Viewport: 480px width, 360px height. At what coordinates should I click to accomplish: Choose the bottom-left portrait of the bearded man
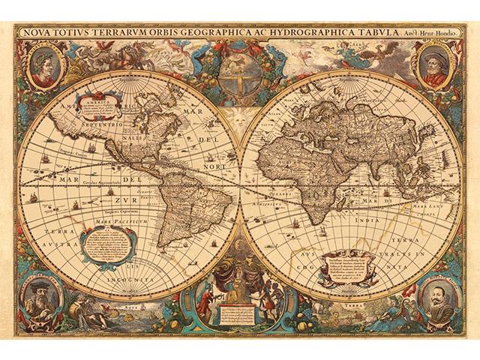[x=42, y=301]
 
